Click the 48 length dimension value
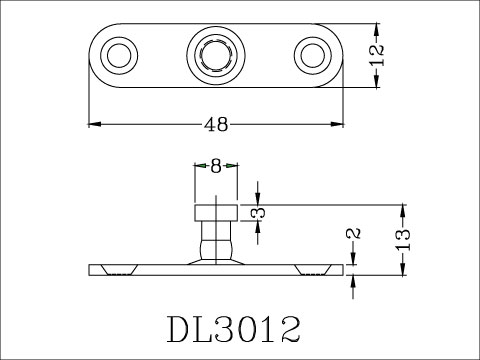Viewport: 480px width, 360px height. pyautogui.click(x=216, y=125)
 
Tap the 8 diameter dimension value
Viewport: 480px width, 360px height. pyautogui.click(x=216, y=167)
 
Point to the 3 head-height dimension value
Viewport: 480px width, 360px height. pyautogui.click(x=258, y=212)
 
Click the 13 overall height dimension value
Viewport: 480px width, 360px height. pyautogui.click(x=404, y=238)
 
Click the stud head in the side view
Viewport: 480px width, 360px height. pyautogui.click(x=216, y=212)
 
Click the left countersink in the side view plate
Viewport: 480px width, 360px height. pyautogui.click(x=117, y=269)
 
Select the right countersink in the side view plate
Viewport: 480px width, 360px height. pyautogui.click(x=314, y=269)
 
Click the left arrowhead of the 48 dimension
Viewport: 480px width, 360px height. pyautogui.click(x=94, y=124)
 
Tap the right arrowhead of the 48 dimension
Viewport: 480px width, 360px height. pyautogui.click(x=339, y=124)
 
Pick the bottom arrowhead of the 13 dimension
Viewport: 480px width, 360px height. pyautogui.click(x=403, y=267)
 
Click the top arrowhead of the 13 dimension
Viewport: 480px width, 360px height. pyautogui.click(x=403, y=208)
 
